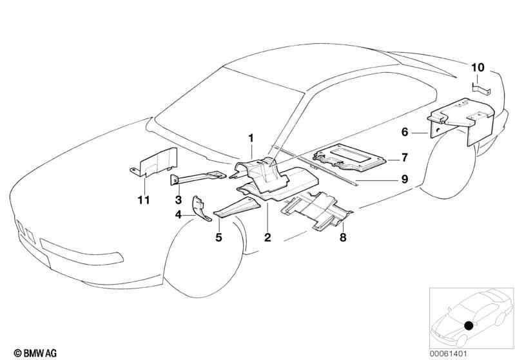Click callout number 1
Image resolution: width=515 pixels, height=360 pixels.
tap(251, 138)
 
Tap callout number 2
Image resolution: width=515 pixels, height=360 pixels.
tap(267, 237)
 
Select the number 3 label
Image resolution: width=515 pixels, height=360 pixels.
tap(179, 199)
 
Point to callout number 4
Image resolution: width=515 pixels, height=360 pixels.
tap(179, 215)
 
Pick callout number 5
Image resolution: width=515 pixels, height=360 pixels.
tap(219, 237)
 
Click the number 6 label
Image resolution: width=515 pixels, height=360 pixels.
tap(405, 132)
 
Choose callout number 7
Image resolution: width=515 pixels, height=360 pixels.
tap(404, 158)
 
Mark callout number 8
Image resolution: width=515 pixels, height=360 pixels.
tap(343, 237)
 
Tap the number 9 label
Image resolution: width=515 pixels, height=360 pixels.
tap(404, 179)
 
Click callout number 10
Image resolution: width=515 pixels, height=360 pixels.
tap(478, 68)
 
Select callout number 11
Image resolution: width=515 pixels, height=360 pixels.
tap(144, 200)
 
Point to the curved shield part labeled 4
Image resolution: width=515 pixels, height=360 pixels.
tap(200, 209)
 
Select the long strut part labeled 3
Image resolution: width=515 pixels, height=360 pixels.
tap(197, 178)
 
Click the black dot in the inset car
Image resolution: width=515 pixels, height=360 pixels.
tap(469, 325)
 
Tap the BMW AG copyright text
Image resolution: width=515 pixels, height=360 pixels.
tap(35, 353)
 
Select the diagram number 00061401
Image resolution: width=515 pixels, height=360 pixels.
tap(449, 354)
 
